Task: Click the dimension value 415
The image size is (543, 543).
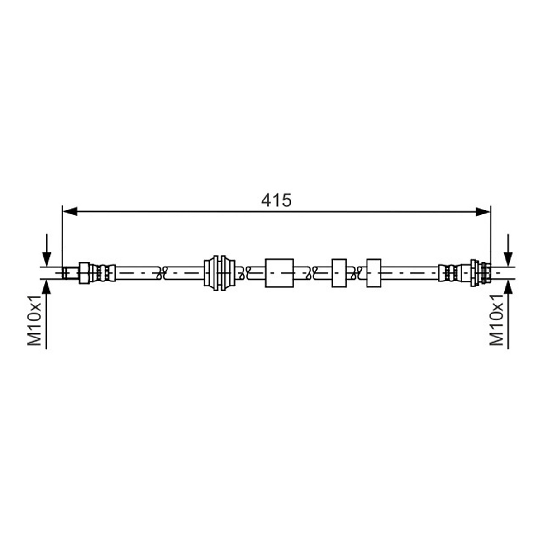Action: pyautogui.click(x=276, y=200)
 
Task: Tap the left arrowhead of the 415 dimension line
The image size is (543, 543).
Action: pyautogui.click(x=70, y=212)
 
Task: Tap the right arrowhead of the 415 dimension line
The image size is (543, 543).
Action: pyautogui.click(x=483, y=212)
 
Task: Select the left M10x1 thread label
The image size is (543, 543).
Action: pyautogui.click(x=34, y=320)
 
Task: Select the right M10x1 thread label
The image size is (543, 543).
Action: pyautogui.click(x=496, y=320)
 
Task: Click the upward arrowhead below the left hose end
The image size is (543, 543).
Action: pyautogui.click(x=47, y=287)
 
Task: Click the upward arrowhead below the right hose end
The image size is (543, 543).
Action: pyautogui.click(x=508, y=287)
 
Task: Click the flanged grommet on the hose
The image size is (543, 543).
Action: pyautogui.click(x=219, y=273)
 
